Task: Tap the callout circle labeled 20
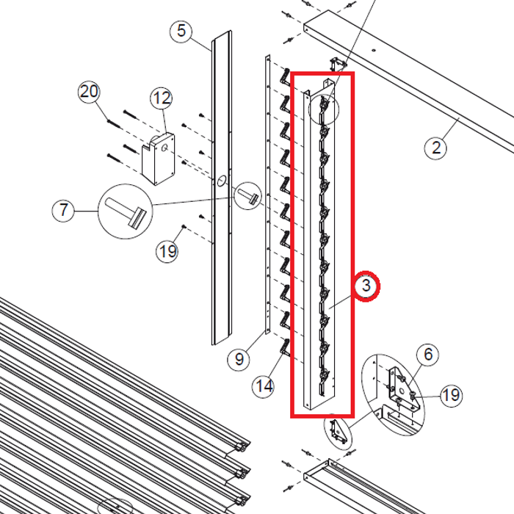89,93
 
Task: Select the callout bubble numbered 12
162,98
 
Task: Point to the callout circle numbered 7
64,211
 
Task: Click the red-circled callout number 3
367,286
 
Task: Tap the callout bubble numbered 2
436,148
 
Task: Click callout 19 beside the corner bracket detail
451,396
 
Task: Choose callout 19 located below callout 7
167,251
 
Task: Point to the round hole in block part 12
165,146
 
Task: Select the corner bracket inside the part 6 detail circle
397,383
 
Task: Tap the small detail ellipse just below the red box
337,431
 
